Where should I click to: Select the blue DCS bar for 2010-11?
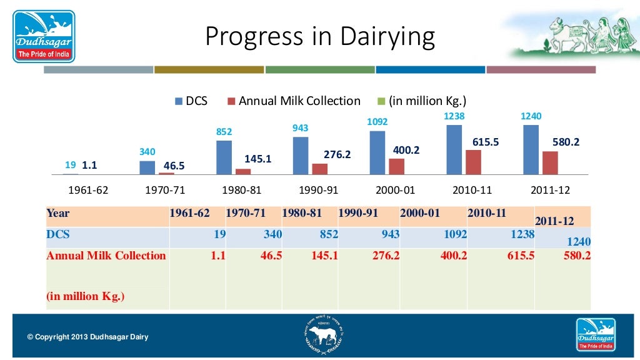coord(454,149)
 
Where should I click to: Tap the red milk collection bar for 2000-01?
coord(396,166)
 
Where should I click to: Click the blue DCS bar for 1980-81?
coord(224,157)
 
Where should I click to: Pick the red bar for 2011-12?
coord(550,162)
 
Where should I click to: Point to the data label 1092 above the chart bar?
coord(377,122)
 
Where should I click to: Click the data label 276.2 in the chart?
coord(337,154)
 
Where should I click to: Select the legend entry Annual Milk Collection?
coord(299,101)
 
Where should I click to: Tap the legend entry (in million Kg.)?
coord(427,101)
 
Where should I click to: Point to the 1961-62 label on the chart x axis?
coord(87,190)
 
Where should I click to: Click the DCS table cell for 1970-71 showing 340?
coord(254,234)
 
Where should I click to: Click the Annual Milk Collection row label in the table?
coord(106,256)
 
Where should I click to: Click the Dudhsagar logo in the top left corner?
coord(44,36)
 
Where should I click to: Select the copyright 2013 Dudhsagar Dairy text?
coord(88,337)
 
